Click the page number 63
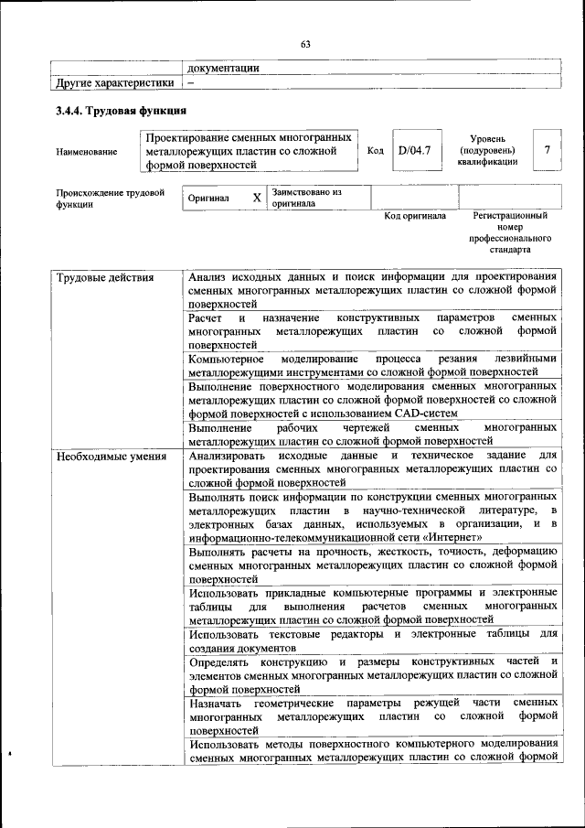pyautogui.click(x=305, y=44)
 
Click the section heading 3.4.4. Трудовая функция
pyautogui.click(x=122, y=111)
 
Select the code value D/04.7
pyautogui.click(x=414, y=150)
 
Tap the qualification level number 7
pyautogui.click(x=547, y=150)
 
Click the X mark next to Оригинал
pyautogui.click(x=257, y=198)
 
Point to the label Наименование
pyautogui.click(x=87, y=151)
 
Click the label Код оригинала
pyautogui.click(x=414, y=216)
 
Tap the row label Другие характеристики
pyautogui.click(x=114, y=82)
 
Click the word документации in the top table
pyautogui.click(x=223, y=67)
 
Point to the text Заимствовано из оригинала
pyautogui.click(x=305, y=198)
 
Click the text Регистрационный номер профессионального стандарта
pyautogui.click(x=509, y=232)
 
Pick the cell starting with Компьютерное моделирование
pyautogui.click(x=371, y=365)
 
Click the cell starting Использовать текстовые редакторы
pyautogui.click(x=371, y=640)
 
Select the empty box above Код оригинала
pyautogui.click(x=414, y=197)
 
